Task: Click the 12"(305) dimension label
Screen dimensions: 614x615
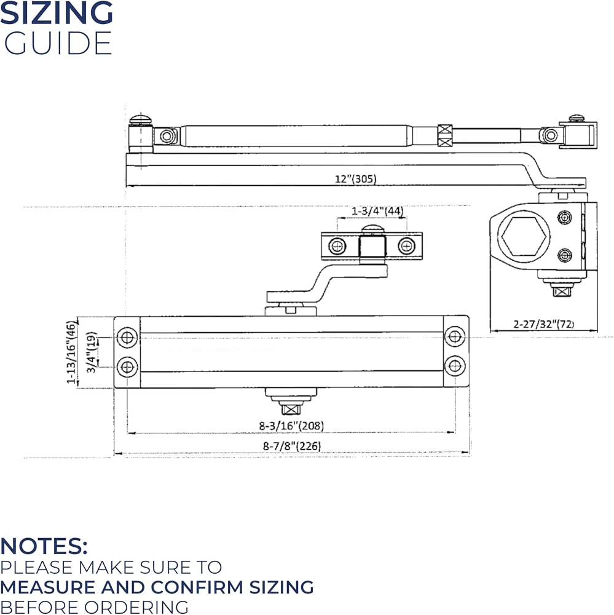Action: tap(355, 179)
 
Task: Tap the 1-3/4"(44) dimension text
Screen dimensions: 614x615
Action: tap(377, 211)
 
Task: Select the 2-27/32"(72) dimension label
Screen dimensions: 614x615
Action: tap(543, 324)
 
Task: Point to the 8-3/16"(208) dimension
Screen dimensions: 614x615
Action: tap(291, 426)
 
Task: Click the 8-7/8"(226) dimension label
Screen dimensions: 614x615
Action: tap(292, 446)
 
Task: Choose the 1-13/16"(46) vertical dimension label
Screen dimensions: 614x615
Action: tap(71, 352)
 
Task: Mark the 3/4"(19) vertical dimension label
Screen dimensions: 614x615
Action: tap(92, 352)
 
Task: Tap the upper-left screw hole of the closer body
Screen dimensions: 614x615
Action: tap(127, 337)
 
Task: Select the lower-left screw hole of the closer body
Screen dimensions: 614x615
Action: tap(127, 367)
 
